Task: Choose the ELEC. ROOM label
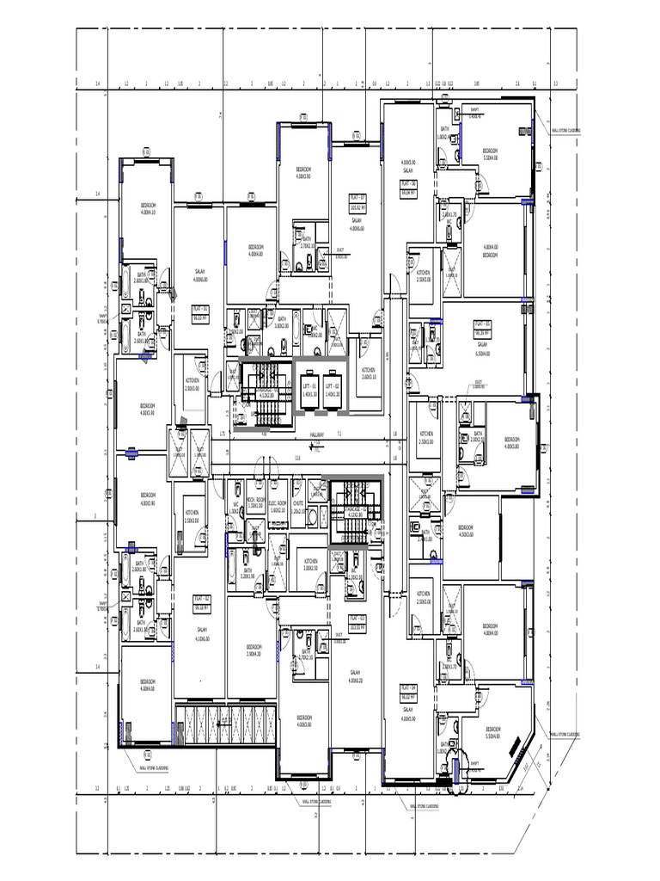pyautogui.click(x=278, y=505)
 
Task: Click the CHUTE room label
pyautogui.click(x=297, y=505)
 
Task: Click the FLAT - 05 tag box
pyautogui.click(x=482, y=328)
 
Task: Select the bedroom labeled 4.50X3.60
pyautogui.click(x=465, y=529)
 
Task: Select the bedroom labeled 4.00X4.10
pyautogui.click(x=149, y=206)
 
